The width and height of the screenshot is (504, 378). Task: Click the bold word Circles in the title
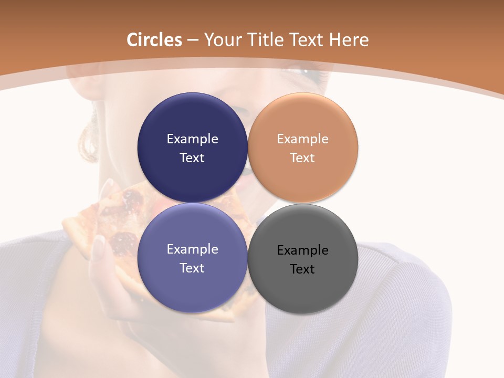coord(154,40)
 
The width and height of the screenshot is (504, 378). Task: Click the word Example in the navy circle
coord(192,139)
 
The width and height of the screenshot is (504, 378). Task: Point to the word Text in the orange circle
coord(302,158)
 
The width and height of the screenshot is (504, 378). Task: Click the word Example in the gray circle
coord(302,250)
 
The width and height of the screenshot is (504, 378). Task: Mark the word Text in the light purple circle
coord(192,268)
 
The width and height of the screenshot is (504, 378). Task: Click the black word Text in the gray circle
coord(302,269)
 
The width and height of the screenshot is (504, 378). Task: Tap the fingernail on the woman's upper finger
coord(108,185)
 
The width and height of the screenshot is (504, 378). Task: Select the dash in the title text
coord(193,40)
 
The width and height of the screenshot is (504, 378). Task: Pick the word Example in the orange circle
coord(302,139)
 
